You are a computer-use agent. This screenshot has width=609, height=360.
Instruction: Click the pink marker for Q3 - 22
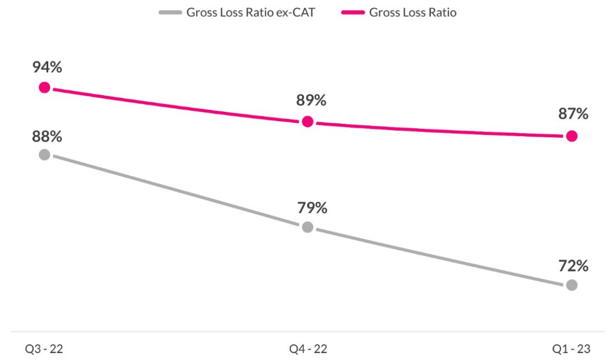click(x=44, y=87)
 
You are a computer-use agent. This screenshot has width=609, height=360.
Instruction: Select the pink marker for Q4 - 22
click(x=307, y=122)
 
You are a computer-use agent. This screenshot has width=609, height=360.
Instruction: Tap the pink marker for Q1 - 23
click(x=571, y=136)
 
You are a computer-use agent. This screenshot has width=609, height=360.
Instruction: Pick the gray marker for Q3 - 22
click(x=44, y=155)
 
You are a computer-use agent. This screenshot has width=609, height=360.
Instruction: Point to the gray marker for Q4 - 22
click(x=307, y=227)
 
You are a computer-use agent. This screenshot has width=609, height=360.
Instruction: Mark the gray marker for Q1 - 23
click(x=571, y=285)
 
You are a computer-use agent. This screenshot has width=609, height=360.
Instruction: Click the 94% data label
click(x=47, y=67)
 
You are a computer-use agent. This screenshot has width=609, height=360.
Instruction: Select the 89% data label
click(x=311, y=101)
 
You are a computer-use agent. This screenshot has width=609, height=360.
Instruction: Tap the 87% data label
click(x=573, y=114)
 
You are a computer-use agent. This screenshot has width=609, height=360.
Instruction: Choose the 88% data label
click(x=47, y=136)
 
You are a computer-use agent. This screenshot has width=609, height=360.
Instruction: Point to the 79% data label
click(x=312, y=208)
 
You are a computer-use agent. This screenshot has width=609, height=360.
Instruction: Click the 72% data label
click(x=573, y=266)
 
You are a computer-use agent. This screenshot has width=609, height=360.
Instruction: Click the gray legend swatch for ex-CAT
click(x=170, y=13)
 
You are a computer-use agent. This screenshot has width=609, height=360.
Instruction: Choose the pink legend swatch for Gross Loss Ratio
click(x=353, y=13)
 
